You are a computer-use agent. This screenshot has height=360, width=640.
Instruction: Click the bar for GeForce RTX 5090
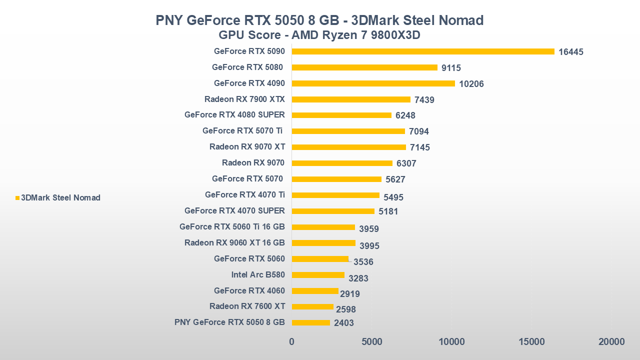pos(423,51)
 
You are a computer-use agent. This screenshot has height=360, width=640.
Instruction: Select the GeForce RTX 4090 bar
pos(373,83)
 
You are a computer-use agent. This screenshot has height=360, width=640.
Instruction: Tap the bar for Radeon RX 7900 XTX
pos(351,99)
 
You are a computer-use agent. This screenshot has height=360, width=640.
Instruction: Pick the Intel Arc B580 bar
pos(318,275)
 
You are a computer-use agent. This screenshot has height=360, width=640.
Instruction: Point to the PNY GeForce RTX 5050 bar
pos(310,322)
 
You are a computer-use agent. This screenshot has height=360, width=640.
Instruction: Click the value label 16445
pos(571,52)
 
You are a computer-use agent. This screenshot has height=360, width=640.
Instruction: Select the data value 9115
pos(451,68)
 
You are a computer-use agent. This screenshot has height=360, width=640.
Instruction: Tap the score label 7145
pos(420,147)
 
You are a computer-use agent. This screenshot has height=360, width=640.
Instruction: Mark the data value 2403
pos(344,323)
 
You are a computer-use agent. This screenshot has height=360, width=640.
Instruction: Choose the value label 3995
pos(369,245)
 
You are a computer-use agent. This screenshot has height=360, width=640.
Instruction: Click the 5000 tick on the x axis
pos(371,342)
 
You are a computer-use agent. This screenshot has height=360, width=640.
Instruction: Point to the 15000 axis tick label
pos(531,342)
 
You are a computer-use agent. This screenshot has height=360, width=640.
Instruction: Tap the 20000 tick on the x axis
pos(611,342)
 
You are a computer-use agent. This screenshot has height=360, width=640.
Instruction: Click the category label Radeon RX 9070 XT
pos(247,147)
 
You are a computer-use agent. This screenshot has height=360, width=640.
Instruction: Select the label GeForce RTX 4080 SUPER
pos(234,114)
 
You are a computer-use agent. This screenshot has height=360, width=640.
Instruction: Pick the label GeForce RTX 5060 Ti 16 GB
pos(232,226)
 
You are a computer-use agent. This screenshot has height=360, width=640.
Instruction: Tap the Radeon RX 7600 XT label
pos(247,306)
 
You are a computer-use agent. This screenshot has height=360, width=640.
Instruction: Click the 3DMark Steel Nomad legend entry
pos(60,197)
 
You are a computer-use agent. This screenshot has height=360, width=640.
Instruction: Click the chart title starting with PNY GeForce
pos(319,20)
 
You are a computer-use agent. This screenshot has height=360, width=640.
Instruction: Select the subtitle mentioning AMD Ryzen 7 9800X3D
pos(319,35)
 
